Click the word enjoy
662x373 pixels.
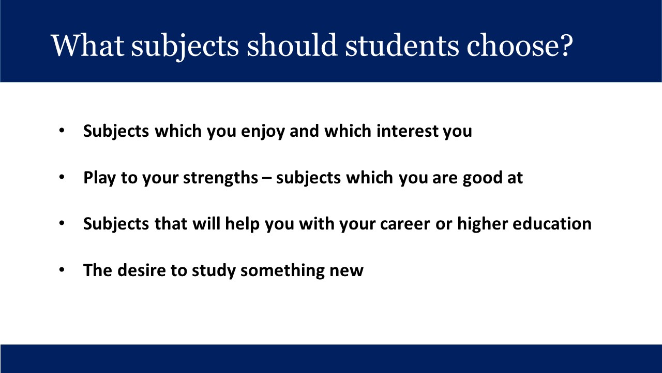coord(263,131)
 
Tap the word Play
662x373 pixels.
coord(99,178)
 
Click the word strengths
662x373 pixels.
coord(220,178)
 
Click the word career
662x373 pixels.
coord(405,224)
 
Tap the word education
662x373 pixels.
coord(552,224)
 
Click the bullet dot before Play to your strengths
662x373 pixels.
coord(62,177)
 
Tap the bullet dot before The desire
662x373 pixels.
coord(62,270)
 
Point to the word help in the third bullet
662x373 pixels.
coord(243,224)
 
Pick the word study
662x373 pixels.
coord(214,271)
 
